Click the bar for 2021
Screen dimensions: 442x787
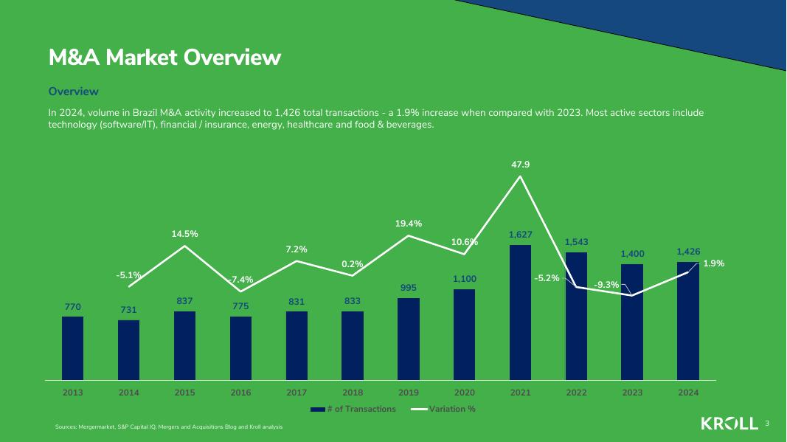pos(520,313)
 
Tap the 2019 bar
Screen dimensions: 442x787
pos(408,339)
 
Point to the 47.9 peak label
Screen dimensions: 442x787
pos(520,165)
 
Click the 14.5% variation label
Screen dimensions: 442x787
pos(184,234)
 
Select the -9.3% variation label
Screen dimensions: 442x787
pos(606,285)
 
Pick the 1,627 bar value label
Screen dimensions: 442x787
pos(520,235)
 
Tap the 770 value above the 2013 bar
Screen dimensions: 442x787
pos(72,306)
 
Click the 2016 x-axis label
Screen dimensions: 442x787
pos(240,393)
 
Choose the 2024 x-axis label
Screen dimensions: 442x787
pos(688,393)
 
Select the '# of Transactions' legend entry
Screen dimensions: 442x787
pos(353,409)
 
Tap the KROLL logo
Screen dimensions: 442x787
pos(729,424)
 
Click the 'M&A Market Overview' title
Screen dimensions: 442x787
pos(164,58)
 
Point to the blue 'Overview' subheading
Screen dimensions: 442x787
pos(73,91)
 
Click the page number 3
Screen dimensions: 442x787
pos(767,424)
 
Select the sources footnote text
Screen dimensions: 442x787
pos(168,427)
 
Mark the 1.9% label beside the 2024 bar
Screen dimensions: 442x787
pos(713,263)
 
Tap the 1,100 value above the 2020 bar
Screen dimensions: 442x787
pos(465,279)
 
